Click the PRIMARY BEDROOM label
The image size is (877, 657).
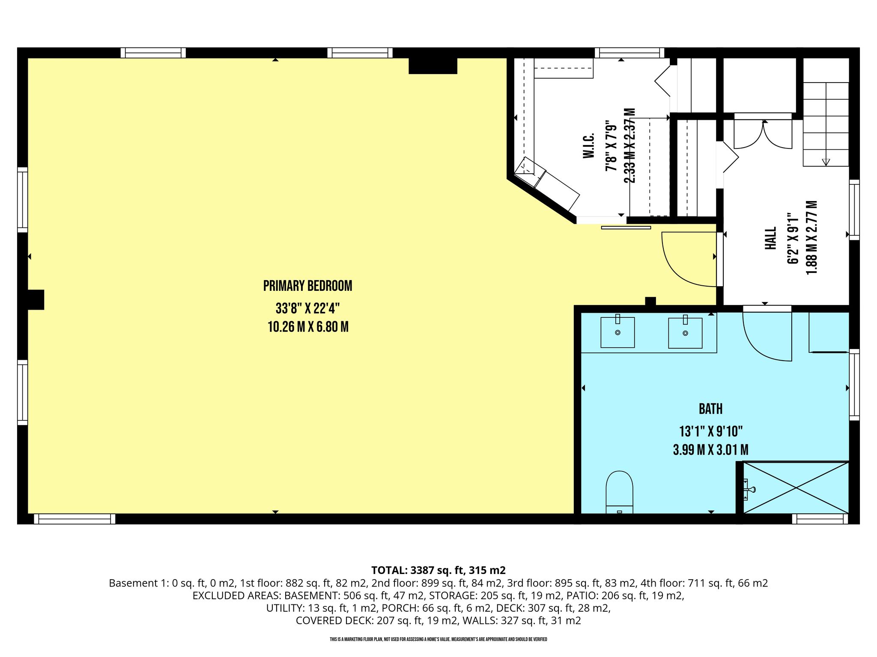307,286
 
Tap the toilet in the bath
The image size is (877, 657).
619,492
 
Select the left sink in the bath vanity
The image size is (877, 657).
617,332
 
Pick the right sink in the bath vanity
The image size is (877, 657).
685,332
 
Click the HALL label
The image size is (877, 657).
770,238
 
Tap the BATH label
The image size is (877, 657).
710,409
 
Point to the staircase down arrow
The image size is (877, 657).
826,162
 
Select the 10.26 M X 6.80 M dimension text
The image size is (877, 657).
308,327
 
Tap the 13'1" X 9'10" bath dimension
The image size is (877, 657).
710,431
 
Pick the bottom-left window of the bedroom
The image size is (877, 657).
75,519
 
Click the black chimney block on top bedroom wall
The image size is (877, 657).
433,66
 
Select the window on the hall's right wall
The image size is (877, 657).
854,210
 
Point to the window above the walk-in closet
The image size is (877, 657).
629,53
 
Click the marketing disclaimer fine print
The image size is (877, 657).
438,639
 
